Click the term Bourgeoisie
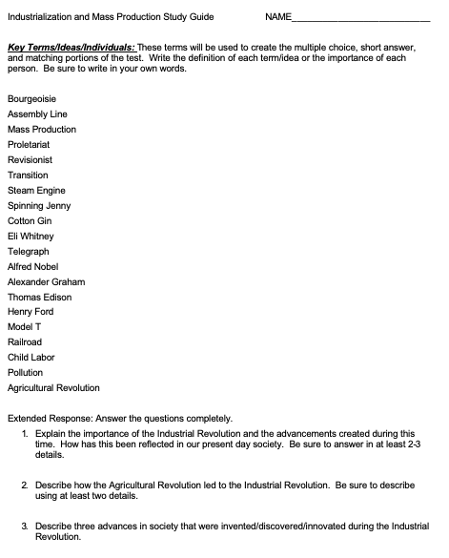(x=32, y=98)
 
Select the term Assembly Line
(x=37, y=114)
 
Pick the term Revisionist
(x=31, y=159)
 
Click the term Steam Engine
(x=36, y=190)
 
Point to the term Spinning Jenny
(x=39, y=205)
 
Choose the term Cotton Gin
(x=30, y=220)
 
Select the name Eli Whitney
(x=31, y=236)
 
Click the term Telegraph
(x=28, y=251)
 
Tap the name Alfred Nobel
(x=32, y=266)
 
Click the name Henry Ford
(x=31, y=312)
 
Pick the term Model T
(x=25, y=326)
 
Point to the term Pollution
(x=25, y=372)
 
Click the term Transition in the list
(x=28, y=175)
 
